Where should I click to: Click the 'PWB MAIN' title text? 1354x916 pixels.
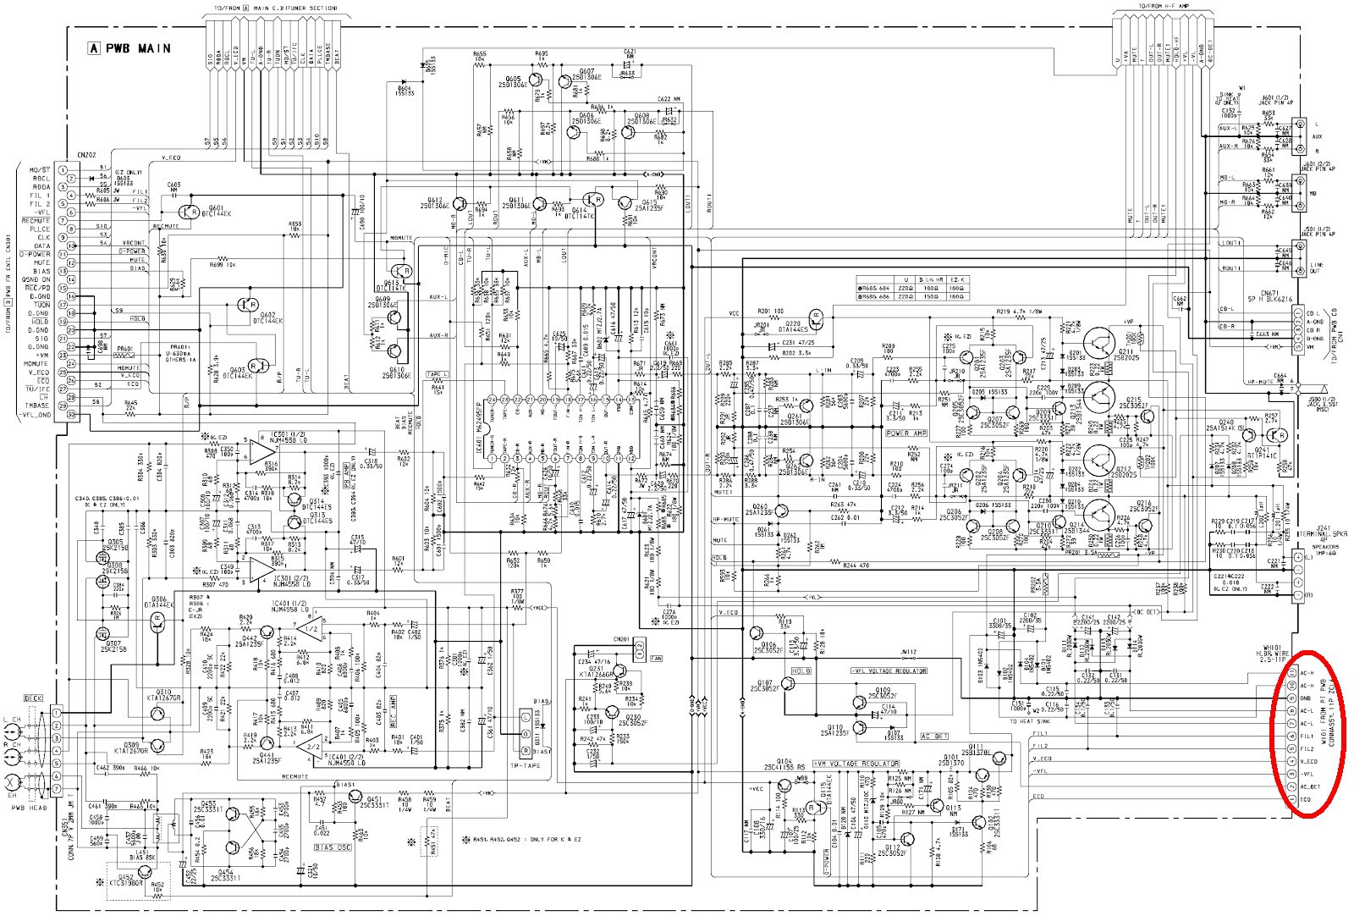click(135, 48)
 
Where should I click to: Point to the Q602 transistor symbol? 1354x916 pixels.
click(247, 305)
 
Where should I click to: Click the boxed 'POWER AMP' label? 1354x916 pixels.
click(907, 433)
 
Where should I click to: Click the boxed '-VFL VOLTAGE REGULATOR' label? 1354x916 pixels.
click(888, 670)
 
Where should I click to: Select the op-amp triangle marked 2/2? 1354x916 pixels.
click(311, 746)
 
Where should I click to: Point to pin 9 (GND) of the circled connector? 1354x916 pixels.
click(1292, 698)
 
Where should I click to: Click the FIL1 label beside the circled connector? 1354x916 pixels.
click(1307, 737)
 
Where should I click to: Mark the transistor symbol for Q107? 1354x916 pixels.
click(787, 687)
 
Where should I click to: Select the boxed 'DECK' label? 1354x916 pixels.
click(34, 699)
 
